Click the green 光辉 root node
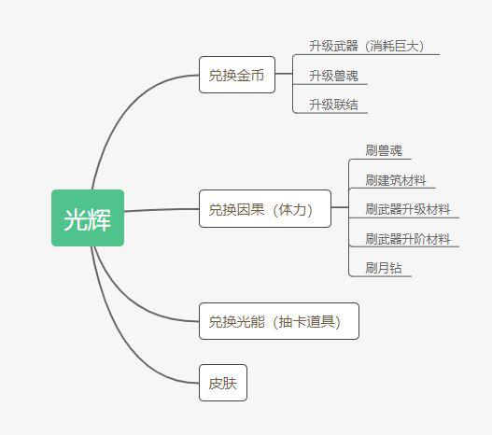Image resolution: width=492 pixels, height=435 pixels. (x=88, y=218)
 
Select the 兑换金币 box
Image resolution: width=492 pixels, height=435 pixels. (x=237, y=75)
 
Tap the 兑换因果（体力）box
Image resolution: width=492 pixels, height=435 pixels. (x=265, y=208)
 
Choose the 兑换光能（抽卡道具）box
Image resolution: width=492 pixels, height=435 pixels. (x=279, y=321)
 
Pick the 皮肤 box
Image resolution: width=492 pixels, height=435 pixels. (x=223, y=383)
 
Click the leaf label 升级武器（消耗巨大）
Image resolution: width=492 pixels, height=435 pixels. (x=367, y=46)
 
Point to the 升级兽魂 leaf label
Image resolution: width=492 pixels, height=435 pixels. (x=333, y=76)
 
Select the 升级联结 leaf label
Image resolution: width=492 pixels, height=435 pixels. (x=333, y=105)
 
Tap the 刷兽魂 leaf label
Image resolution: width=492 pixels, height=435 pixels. (x=384, y=150)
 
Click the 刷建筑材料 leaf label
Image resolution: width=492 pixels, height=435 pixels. (x=396, y=180)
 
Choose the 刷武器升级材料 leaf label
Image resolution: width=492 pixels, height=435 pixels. (x=408, y=209)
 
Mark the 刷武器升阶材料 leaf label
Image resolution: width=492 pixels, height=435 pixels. (x=408, y=239)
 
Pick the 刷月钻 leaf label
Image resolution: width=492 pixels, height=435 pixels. (x=384, y=268)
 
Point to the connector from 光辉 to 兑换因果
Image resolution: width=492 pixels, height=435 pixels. (x=162, y=209)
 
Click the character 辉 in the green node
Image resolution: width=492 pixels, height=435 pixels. (x=100, y=219)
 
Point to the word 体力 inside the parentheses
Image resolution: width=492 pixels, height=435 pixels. (x=292, y=209)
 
